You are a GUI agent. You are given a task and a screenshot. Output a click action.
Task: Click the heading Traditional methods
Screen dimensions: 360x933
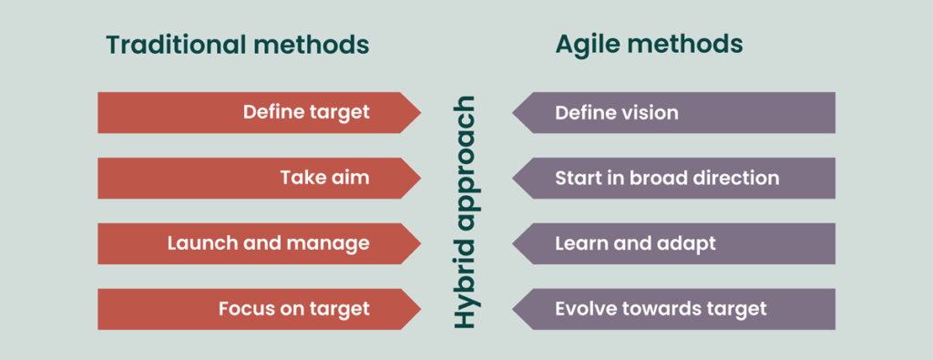[237, 44]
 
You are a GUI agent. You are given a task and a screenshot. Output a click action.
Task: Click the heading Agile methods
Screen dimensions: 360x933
[649, 44]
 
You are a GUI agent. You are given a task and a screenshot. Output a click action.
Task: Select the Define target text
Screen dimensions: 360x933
[306, 113]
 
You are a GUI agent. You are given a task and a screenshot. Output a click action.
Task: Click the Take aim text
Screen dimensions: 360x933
[324, 178]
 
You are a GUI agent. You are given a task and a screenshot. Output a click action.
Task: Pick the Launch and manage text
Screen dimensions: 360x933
[268, 243]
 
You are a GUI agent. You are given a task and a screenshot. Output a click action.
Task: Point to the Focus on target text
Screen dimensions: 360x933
[293, 309]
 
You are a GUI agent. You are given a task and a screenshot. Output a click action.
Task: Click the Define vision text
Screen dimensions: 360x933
[617, 113]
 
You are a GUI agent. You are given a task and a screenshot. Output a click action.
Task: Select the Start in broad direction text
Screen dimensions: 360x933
[667, 178]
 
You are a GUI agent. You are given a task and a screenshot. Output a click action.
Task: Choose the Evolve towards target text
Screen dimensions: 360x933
[661, 309]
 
